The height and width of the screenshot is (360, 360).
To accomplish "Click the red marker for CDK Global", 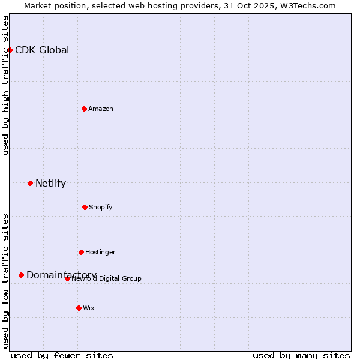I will (x=10, y=50).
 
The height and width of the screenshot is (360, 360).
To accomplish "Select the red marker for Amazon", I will (x=84, y=109).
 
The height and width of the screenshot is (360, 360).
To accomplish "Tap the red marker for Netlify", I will (x=30, y=183).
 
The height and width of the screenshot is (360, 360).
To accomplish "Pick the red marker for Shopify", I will (x=85, y=207).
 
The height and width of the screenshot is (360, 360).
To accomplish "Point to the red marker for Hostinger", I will (x=81, y=252).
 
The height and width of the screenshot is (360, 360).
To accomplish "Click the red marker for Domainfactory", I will (x=21, y=275).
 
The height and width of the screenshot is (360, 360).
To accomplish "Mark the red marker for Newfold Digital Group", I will (x=67, y=278).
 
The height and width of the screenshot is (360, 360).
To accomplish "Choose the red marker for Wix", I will (x=79, y=308).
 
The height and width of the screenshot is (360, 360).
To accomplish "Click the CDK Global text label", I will (x=42, y=50).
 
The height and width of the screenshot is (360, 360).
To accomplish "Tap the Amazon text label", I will (x=101, y=109).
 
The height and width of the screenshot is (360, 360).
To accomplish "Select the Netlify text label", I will (x=50, y=183).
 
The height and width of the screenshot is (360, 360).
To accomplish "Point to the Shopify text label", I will (x=101, y=207).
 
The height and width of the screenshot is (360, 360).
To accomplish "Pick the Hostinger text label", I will (x=100, y=252).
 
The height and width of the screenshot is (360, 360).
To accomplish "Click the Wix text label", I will (x=89, y=308).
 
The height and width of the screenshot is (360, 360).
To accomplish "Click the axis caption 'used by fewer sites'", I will (x=62, y=355).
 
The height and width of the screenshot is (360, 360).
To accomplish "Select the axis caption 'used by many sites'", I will (x=301, y=355).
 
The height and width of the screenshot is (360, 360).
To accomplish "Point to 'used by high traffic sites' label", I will (x=5, y=85).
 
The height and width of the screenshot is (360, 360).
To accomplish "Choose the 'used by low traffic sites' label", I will (x=5, y=281).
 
